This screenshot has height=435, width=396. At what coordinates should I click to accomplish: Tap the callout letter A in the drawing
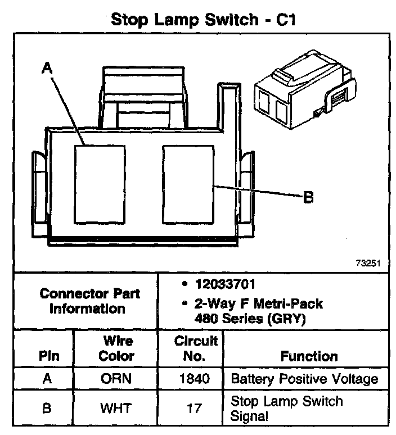(x=47, y=68)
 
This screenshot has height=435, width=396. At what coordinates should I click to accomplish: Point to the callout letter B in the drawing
(x=308, y=197)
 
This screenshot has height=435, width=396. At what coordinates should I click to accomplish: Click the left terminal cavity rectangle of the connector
(x=100, y=183)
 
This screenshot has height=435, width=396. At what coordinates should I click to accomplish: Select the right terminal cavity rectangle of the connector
(x=188, y=183)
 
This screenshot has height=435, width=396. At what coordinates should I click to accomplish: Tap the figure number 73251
(x=368, y=262)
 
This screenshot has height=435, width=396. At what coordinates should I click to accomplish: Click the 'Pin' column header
(x=48, y=356)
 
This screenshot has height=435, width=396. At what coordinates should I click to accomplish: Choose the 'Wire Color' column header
(x=116, y=348)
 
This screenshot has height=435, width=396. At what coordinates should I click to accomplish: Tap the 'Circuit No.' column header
(x=195, y=348)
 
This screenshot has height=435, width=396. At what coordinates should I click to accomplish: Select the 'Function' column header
(x=309, y=356)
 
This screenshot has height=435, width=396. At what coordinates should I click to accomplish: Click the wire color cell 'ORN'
(x=116, y=379)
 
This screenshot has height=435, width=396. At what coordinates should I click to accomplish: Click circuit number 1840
(x=195, y=379)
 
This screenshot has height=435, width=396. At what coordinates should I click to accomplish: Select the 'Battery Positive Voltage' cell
(x=304, y=379)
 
